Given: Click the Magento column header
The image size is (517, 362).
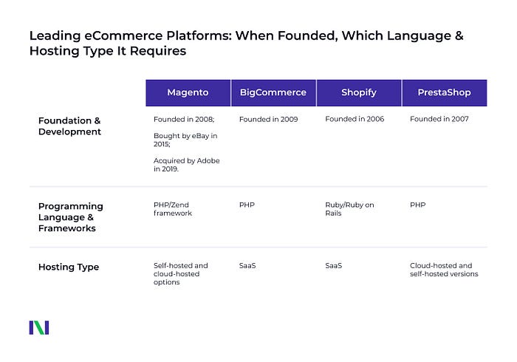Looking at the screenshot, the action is tap(188, 92).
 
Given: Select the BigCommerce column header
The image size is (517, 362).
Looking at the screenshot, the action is tap(273, 92).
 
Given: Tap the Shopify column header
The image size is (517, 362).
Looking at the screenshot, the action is tap(359, 92).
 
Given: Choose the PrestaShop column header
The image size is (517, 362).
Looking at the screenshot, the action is tap(444, 92).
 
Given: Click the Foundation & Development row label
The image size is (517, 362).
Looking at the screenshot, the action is tap(69, 126).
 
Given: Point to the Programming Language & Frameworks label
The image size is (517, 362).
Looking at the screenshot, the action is tap(71, 217).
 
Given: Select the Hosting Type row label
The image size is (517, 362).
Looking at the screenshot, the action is tap(69, 267).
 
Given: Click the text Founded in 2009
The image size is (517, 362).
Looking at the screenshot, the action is tap(268, 119).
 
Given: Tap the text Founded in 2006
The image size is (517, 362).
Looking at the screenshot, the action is tap(355, 119).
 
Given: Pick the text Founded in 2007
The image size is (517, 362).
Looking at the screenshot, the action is tap(439, 119).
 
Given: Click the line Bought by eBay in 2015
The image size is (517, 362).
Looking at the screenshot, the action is tap(185, 140).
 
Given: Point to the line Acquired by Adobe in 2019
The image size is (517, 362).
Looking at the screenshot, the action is tap(187, 165).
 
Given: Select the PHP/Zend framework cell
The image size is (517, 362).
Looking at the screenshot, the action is tap(173, 208).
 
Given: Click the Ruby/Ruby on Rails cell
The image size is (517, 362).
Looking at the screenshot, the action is tap(349, 208).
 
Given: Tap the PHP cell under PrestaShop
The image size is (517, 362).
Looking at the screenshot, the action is tap(418, 205).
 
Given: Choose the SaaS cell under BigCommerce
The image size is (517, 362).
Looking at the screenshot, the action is tap(247, 265).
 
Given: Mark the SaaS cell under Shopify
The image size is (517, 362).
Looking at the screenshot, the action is tap(333, 265).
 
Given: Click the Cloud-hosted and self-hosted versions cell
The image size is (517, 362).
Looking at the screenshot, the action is tap(444, 270).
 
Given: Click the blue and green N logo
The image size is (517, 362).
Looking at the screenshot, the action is tap(39, 327).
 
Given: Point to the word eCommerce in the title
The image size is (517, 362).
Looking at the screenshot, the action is tap(123, 35).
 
